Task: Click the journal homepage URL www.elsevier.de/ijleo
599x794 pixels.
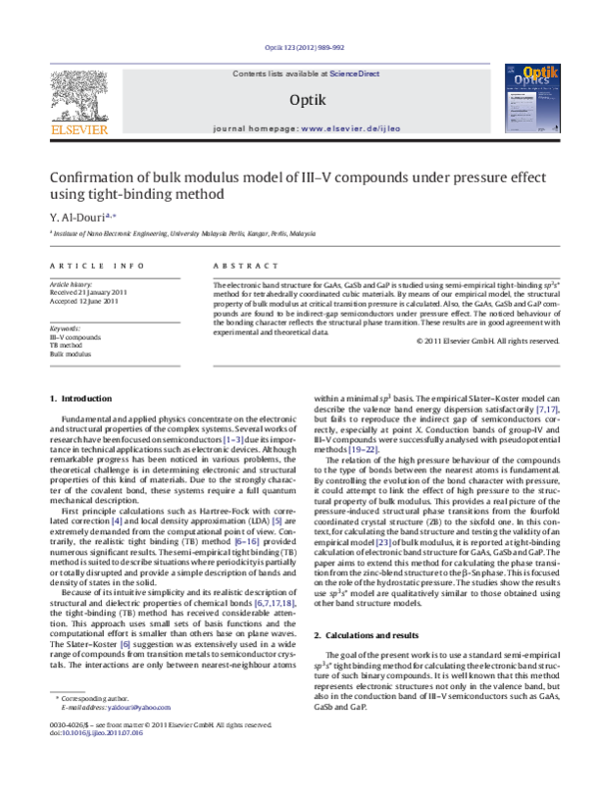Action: pyautogui.click(x=344, y=130)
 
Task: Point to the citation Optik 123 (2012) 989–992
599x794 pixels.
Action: pyautogui.click(x=302, y=48)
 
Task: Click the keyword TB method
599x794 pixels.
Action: pyautogui.click(x=69, y=345)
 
